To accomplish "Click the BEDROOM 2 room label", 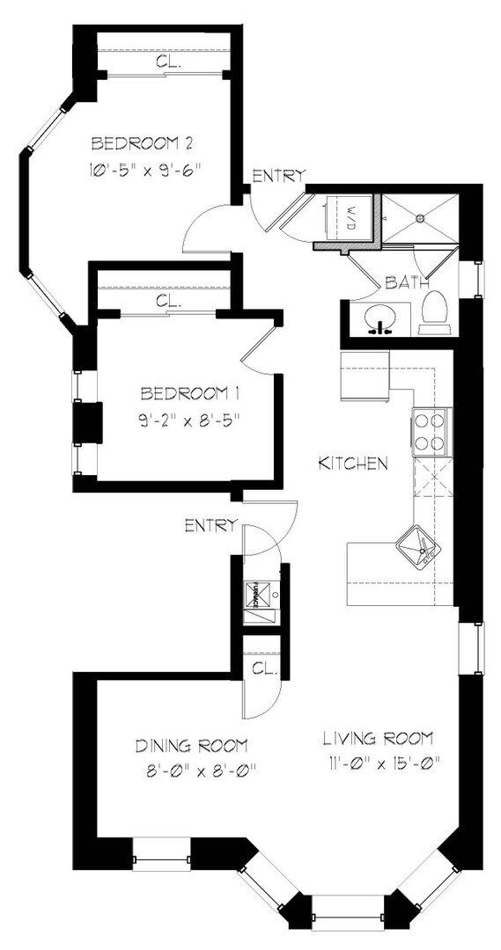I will (x=143, y=143).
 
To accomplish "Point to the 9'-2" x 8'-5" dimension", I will (x=188, y=420).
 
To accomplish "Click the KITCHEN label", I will (x=352, y=464).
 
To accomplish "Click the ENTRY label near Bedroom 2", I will (x=277, y=176).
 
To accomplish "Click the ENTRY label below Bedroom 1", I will (x=210, y=526).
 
